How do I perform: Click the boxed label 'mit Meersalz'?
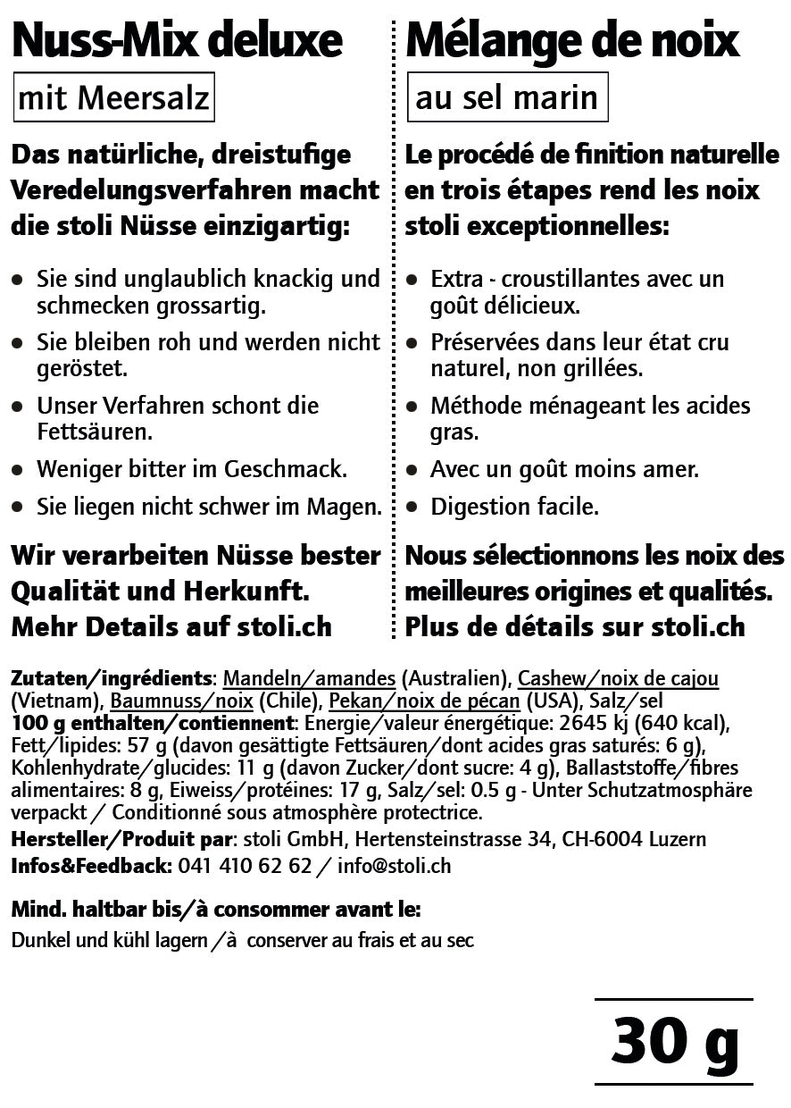[x=113, y=97]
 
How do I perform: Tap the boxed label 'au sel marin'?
[x=506, y=97]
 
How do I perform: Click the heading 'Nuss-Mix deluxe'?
[x=177, y=40]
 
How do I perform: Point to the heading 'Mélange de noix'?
[x=572, y=40]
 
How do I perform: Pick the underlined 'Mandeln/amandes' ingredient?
[x=308, y=679]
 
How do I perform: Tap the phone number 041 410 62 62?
[x=245, y=866]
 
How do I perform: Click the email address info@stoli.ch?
[x=394, y=866]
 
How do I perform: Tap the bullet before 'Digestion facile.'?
[x=412, y=507]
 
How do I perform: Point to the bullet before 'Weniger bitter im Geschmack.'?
[x=18, y=469]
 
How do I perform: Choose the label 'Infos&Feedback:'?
[x=91, y=866]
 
